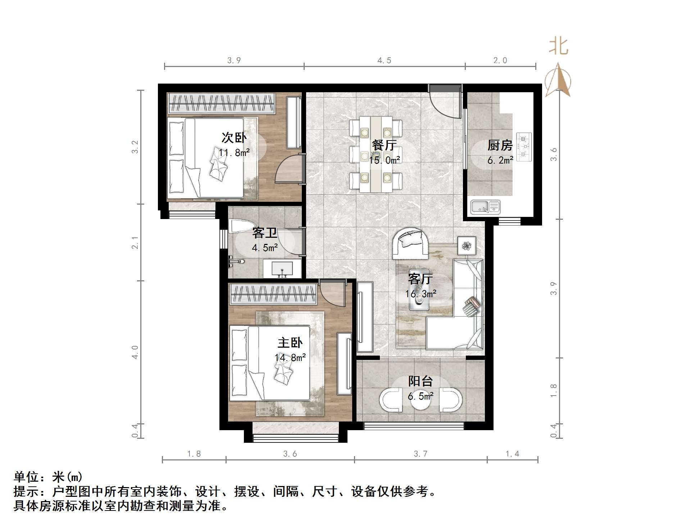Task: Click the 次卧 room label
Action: pos(234,138)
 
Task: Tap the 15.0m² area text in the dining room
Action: pos(384,160)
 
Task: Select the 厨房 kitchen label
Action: pos(500,145)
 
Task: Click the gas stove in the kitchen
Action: pos(524,147)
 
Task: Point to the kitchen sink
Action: pos(485,207)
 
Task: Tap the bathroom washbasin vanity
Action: pos(282,269)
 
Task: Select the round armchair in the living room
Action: pos(410,243)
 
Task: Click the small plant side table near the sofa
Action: pos(467,246)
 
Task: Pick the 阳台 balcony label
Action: pos(420,381)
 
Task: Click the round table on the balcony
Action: pos(421,400)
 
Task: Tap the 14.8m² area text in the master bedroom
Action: pos(290,357)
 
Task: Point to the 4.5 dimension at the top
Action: pos(384,61)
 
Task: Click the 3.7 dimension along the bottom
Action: pos(420,454)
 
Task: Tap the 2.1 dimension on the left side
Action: pos(135,242)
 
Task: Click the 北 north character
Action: pos(558,46)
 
